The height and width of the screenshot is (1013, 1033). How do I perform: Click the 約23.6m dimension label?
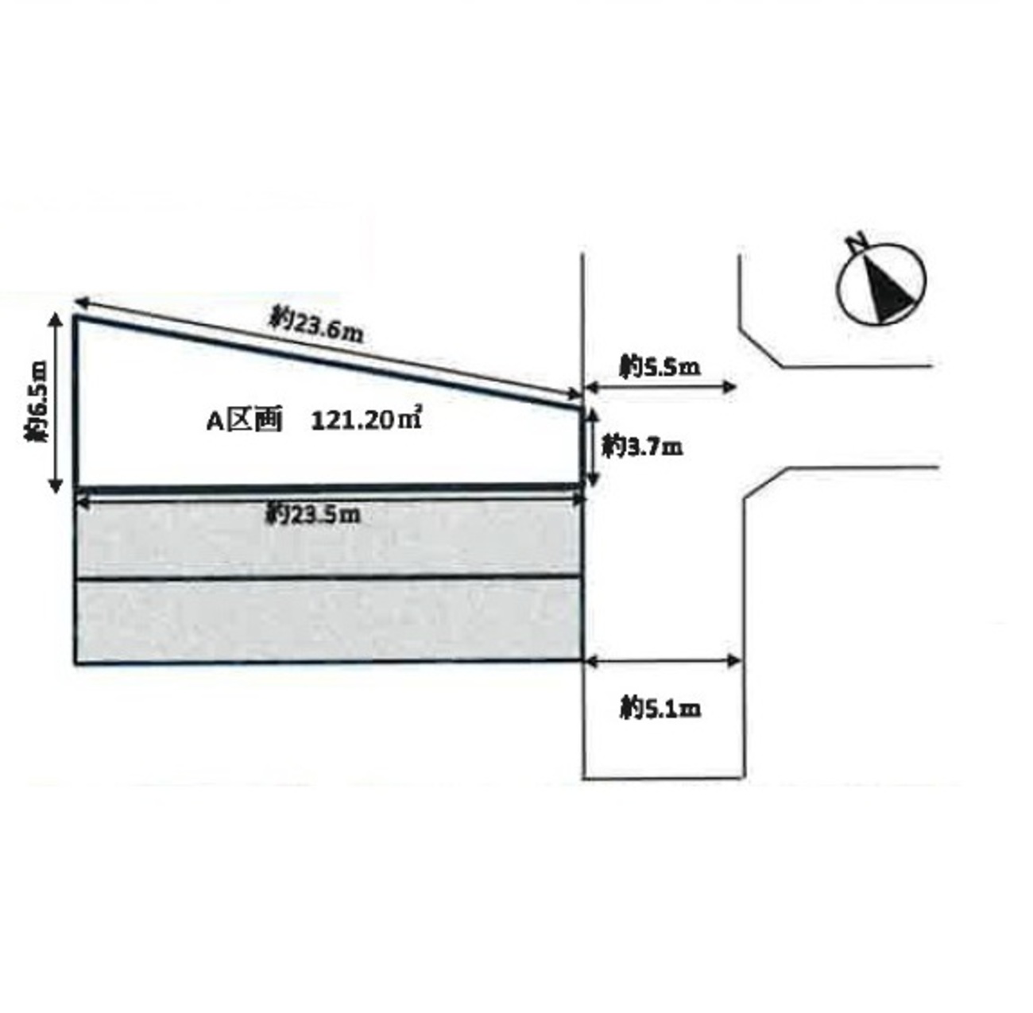(x=317, y=325)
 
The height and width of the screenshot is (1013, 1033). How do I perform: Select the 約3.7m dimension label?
(x=642, y=447)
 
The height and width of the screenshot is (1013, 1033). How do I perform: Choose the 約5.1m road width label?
(x=660, y=709)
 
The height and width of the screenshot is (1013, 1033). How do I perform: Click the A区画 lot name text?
(x=244, y=422)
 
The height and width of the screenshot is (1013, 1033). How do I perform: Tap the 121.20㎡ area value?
(x=366, y=421)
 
